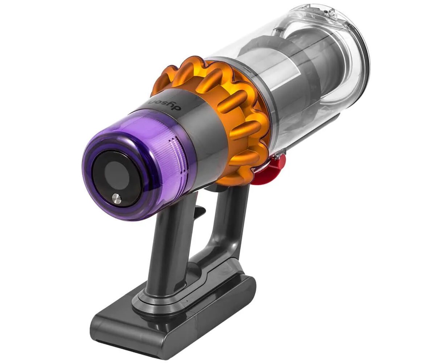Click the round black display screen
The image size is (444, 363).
coord(116,179)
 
